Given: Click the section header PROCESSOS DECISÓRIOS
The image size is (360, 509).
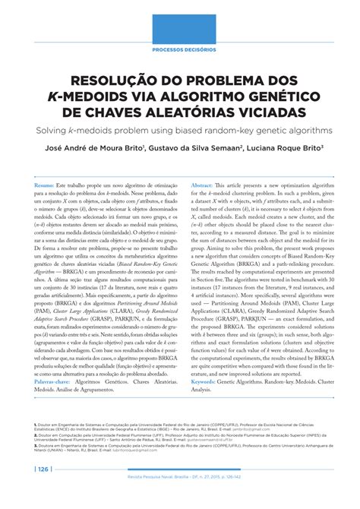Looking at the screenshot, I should click(x=180, y=49).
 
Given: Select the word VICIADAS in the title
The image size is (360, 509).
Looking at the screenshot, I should click(x=263, y=112).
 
